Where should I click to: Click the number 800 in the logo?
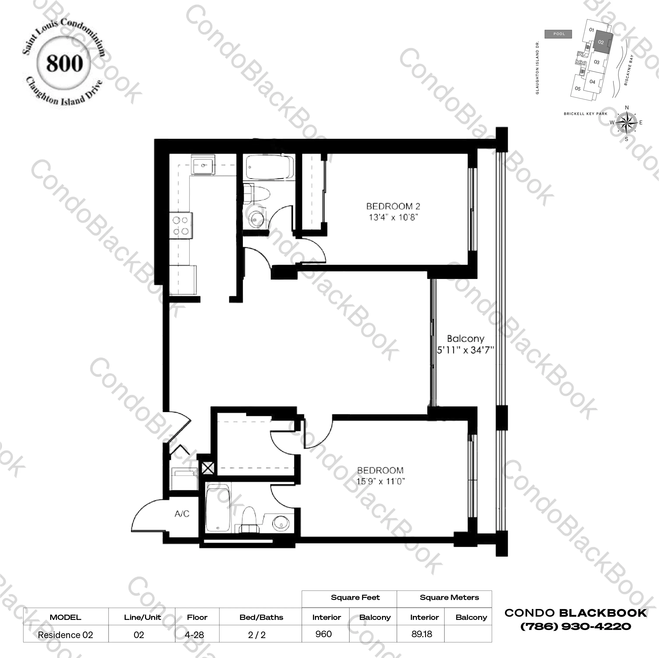[64, 64]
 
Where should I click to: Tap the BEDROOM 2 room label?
[393, 206]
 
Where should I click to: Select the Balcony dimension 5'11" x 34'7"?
[465, 350]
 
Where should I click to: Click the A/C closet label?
[182, 514]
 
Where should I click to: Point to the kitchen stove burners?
[181, 226]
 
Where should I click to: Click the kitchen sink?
[203, 166]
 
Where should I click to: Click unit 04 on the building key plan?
[592, 82]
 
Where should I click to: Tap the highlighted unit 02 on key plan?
[601, 42]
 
